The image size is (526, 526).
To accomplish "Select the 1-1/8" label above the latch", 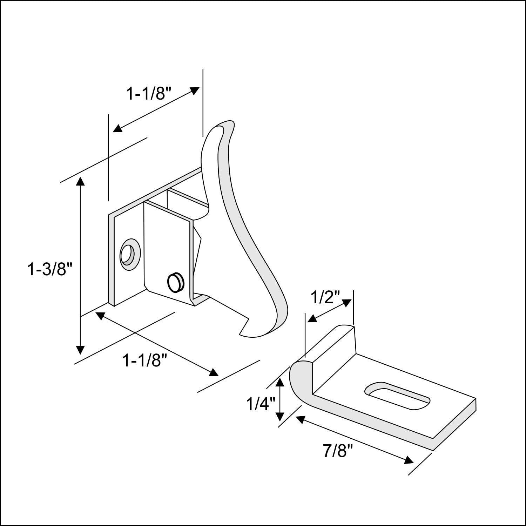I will pos(149,94).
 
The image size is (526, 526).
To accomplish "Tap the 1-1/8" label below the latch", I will pos(143,360).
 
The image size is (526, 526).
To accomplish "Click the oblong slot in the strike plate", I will pos(397,395).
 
